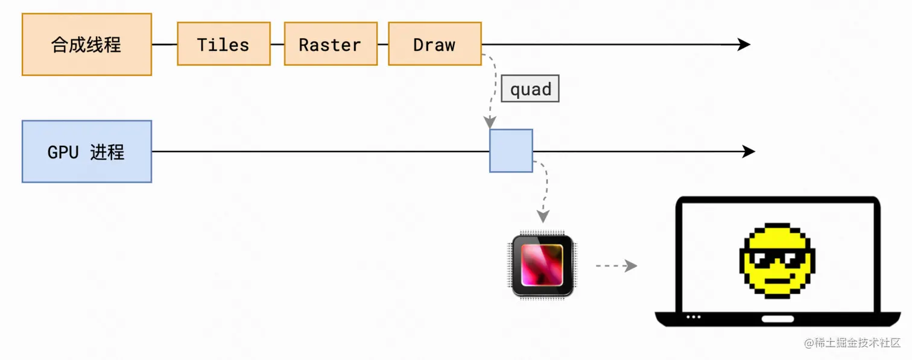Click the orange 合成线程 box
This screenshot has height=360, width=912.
(86, 45)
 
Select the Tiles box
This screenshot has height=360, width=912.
(223, 44)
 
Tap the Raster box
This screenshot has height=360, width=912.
(330, 44)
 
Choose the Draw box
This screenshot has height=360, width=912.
(434, 44)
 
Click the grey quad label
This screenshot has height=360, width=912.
(530, 89)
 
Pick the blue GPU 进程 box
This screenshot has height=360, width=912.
(86, 151)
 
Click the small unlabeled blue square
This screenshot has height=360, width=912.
(511, 151)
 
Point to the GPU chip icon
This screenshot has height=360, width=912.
(542, 266)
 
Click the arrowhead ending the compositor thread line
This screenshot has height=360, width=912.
(744, 44)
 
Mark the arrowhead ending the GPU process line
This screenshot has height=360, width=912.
(749, 151)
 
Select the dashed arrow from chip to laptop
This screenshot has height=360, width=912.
(616, 266)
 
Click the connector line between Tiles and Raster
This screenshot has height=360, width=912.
(277, 44)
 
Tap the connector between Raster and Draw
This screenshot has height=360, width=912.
(382, 44)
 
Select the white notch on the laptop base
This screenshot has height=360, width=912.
(777, 318)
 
